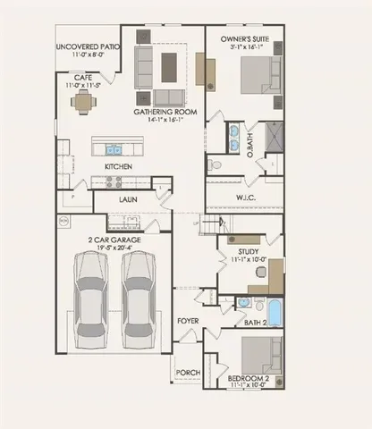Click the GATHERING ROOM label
[166, 112]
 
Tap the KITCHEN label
[119, 167]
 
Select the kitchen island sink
[114, 149]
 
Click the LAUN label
[129, 199]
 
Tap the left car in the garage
[89, 295]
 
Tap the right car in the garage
[139, 295]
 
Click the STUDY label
[249, 252]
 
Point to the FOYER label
[187, 320]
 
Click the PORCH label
[187, 373]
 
